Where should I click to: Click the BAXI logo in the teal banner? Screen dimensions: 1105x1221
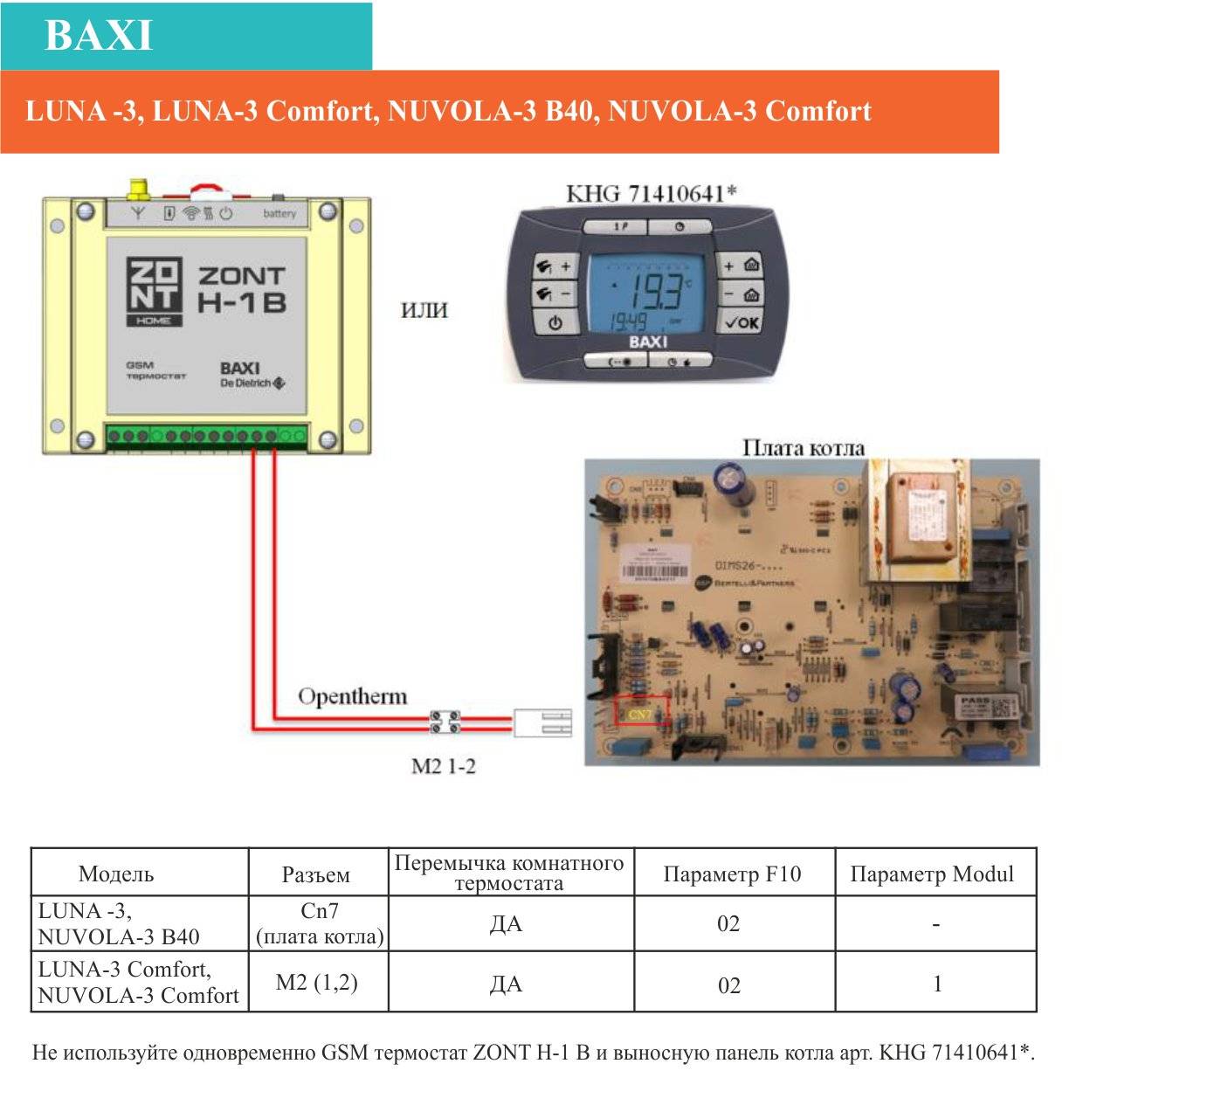(x=99, y=36)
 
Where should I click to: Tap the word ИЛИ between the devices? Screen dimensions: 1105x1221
(x=424, y=310)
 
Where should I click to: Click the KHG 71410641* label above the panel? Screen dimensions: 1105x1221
(x=651, y=193)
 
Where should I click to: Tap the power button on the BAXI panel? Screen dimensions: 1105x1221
(x=555, y=322)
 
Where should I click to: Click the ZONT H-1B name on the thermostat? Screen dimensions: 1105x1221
(x=242, y=289)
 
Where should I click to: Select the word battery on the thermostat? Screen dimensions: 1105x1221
(x=279, y=213)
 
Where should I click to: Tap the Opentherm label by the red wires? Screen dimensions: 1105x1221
(x=352, y=696)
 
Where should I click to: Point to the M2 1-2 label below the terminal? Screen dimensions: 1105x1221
(x=443, y=766)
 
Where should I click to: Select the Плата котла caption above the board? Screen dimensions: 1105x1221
(x=803, y=447)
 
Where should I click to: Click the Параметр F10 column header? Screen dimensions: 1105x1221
(x=732, y=874)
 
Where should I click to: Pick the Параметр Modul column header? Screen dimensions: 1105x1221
(x=932, y=874)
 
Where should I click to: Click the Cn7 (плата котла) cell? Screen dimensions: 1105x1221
(x=319, y=923)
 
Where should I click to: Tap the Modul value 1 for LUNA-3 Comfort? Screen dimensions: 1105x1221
(x=937, y=984)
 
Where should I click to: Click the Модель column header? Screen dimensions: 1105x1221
(x=115, y=874)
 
